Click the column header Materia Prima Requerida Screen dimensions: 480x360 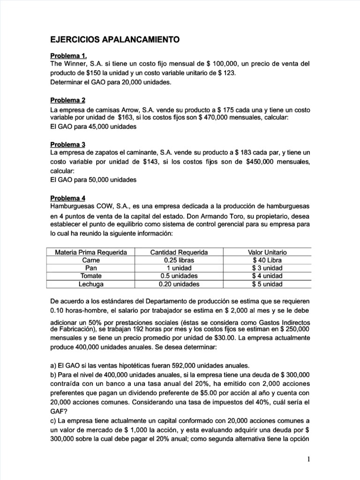91,252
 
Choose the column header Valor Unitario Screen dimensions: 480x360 267,252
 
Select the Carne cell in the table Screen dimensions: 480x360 91,260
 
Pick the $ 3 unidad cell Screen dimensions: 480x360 267,268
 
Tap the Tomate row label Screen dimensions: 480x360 91,276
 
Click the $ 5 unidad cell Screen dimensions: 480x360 267,284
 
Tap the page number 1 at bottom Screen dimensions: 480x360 308,459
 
